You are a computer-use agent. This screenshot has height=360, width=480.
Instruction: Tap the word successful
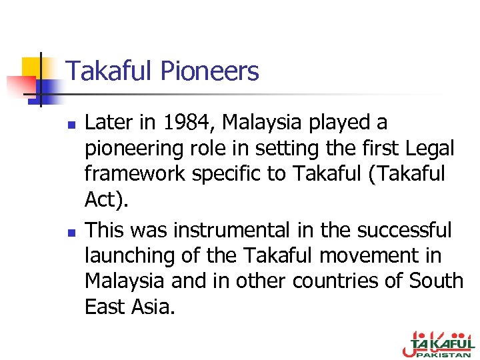(x=404, y=231)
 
